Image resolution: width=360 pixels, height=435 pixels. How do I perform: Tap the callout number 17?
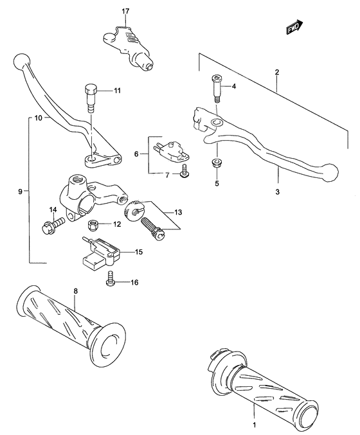[125, 11]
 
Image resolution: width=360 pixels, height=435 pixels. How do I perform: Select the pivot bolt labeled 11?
[91, 97]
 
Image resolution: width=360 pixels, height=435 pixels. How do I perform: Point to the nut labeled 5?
[217, 164]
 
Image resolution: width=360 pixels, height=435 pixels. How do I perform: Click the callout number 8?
[76, 292]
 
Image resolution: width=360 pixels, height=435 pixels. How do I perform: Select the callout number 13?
[178, 213]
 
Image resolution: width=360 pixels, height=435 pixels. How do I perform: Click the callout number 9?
[21, 191]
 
